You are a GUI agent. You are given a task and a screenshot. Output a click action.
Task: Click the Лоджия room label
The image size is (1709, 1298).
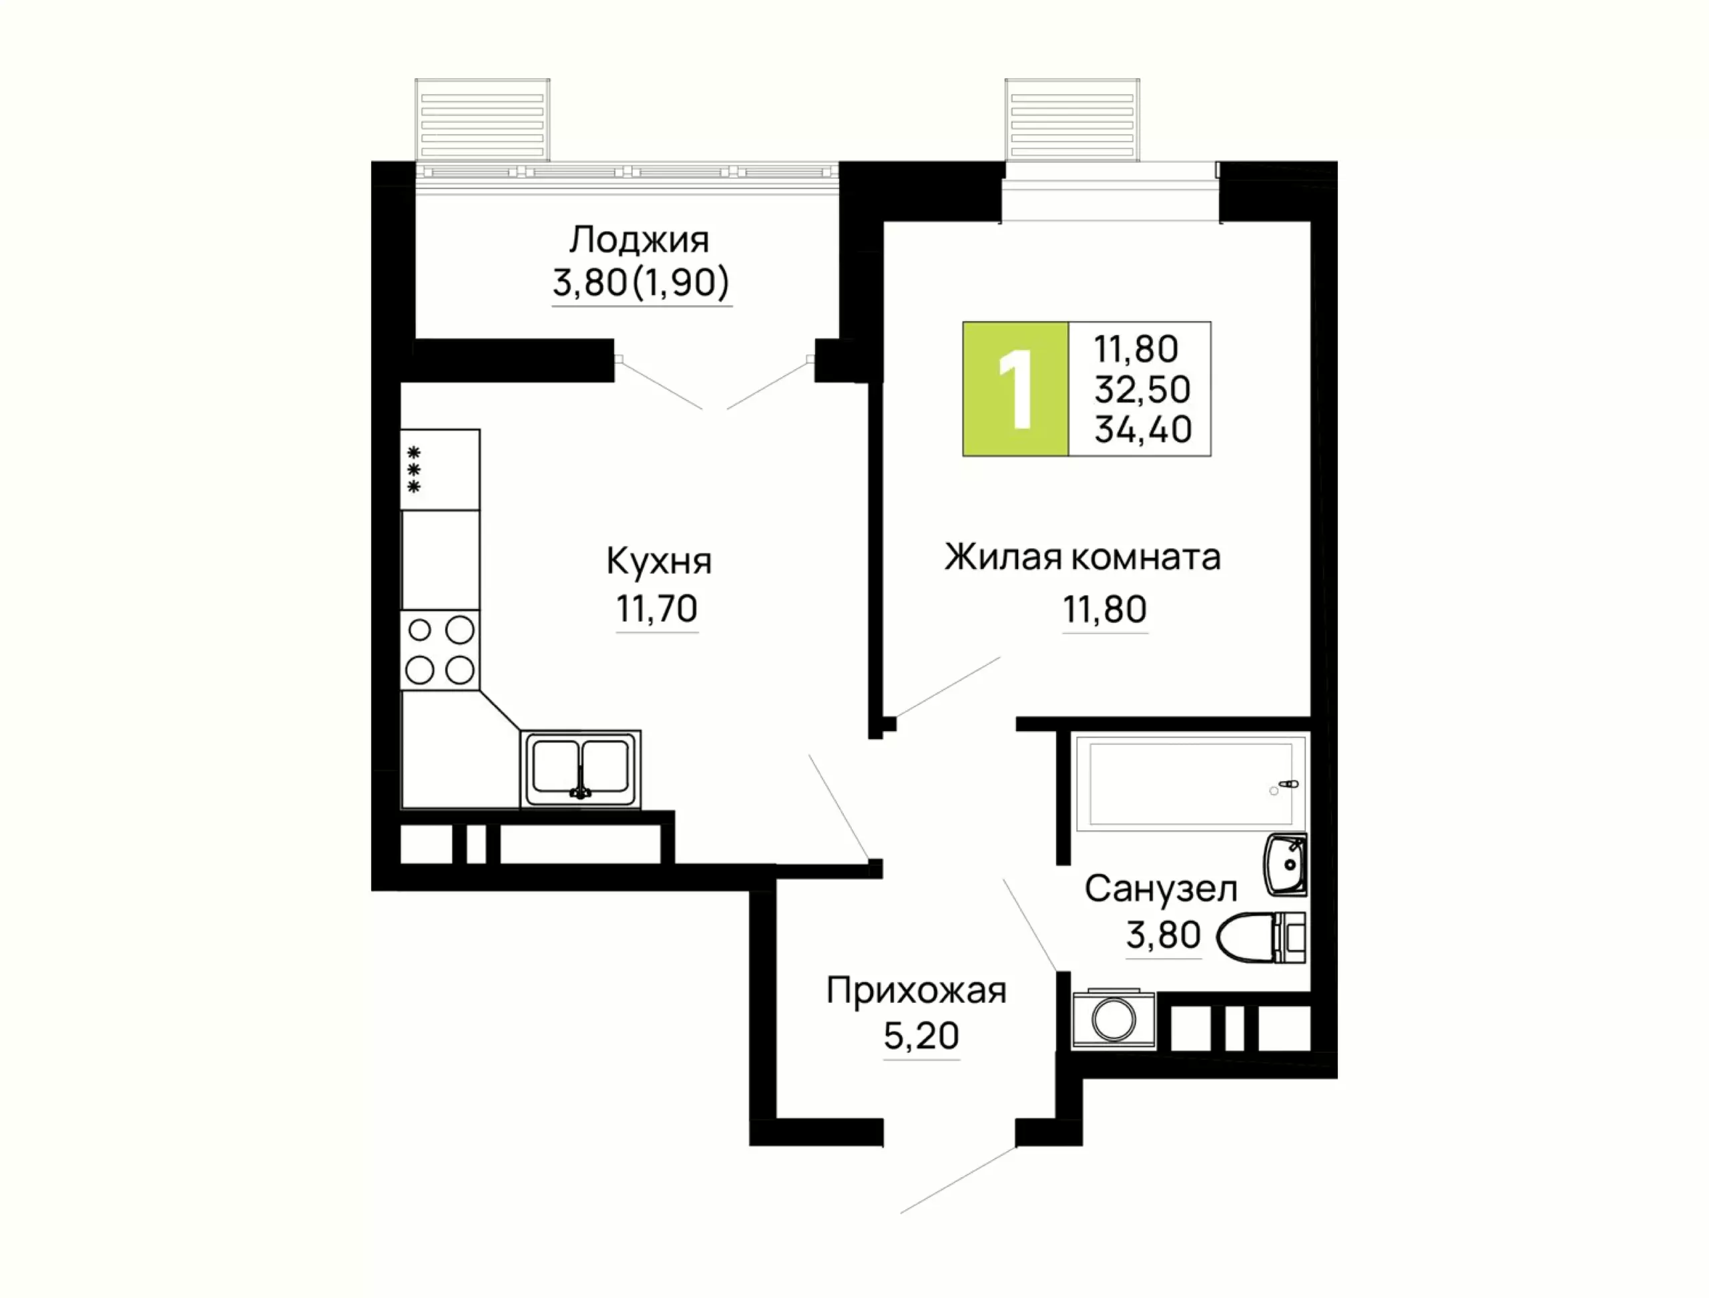tap(639, 240)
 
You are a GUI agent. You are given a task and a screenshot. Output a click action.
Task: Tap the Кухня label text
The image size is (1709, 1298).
tap(659, 562)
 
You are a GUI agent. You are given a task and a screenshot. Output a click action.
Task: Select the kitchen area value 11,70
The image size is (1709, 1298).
tap(657, 610)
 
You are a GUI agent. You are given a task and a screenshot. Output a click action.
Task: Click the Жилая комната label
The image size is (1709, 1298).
tap(1082, 558)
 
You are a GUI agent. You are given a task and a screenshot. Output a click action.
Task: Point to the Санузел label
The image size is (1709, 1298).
tap(1160, 889)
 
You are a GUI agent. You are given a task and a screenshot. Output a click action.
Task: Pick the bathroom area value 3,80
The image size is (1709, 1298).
tap(1164, 935)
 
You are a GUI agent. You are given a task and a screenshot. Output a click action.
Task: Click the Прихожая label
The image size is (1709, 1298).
tap(917, 990)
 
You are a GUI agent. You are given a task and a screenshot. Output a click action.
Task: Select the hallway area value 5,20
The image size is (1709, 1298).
tap(921, 1037)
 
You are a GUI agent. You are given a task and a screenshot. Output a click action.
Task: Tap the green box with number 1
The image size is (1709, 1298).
tap(1015, 389)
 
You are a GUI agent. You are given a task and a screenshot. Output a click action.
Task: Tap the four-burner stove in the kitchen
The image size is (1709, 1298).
tap(440, 650)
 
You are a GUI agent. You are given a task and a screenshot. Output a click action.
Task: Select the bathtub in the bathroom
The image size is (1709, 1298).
tap(1190, 784)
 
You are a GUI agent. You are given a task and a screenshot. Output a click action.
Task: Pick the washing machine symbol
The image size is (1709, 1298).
tap(1114, 1020)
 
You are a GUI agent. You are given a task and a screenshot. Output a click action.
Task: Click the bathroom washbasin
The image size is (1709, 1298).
tap(1286, 865)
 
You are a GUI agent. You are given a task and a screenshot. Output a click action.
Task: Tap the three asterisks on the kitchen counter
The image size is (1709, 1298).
tap(414, 470)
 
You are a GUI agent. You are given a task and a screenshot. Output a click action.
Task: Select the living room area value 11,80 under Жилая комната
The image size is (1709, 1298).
tap(1105, 610)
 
